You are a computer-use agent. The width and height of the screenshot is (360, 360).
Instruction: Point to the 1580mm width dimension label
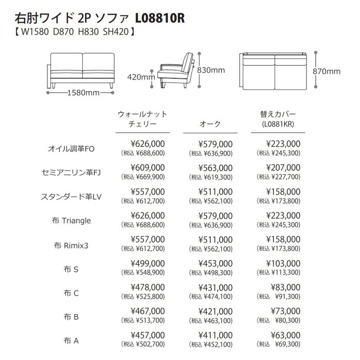click(x=83, y=93)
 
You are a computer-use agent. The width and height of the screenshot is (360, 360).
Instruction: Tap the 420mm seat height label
click(x=140, y=77)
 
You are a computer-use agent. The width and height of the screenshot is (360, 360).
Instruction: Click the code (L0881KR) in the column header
click(x=278, y=124)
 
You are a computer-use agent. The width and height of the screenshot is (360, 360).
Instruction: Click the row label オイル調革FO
click(x=71, y=149)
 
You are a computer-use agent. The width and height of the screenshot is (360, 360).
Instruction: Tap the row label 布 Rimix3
click(x=71, y=245)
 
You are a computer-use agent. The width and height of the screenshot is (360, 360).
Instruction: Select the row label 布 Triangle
click(x=71, y=221)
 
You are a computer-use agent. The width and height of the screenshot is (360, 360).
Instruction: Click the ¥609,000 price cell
click(x=148, y=167)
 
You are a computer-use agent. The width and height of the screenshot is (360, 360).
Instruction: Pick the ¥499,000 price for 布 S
click(x=148, y=263)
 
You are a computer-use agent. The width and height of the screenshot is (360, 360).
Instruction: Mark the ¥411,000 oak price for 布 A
click(x=215, y=335)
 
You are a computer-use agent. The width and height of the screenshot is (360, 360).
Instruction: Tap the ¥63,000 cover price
click(x=284, y=335)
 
